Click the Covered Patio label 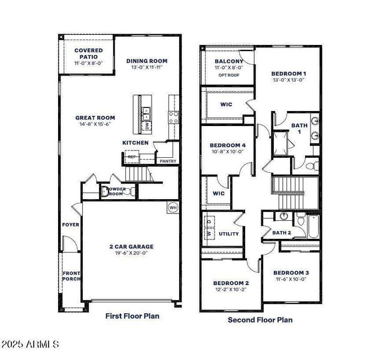pyautogui.click(x=89, y=54)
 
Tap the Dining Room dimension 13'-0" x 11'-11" pyautogui.click(x=146, y=68)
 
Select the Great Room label pyautogui.click(x=95, y=118)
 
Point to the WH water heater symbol pyautogui.click(x=173, y=208)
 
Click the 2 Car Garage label pyautogui.click(x=131, y=246)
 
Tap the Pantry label pyautogui.click(x=167, y=161)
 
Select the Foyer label pyautogui.click(x=70, y=225)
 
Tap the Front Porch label pyautogui.click(x=71, y=276)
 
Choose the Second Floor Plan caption pyautogui.click(x=260, y=320)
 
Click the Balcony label pyautogui.click(x=229, y=61)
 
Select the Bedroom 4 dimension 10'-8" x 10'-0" pyautogui.click(x=227, y=152)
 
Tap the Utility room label pyautogui.click(x=228, y=234)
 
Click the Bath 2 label pyautogui.click(x=281, y=233)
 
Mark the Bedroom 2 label pyautogui.click(x=231, y=283)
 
